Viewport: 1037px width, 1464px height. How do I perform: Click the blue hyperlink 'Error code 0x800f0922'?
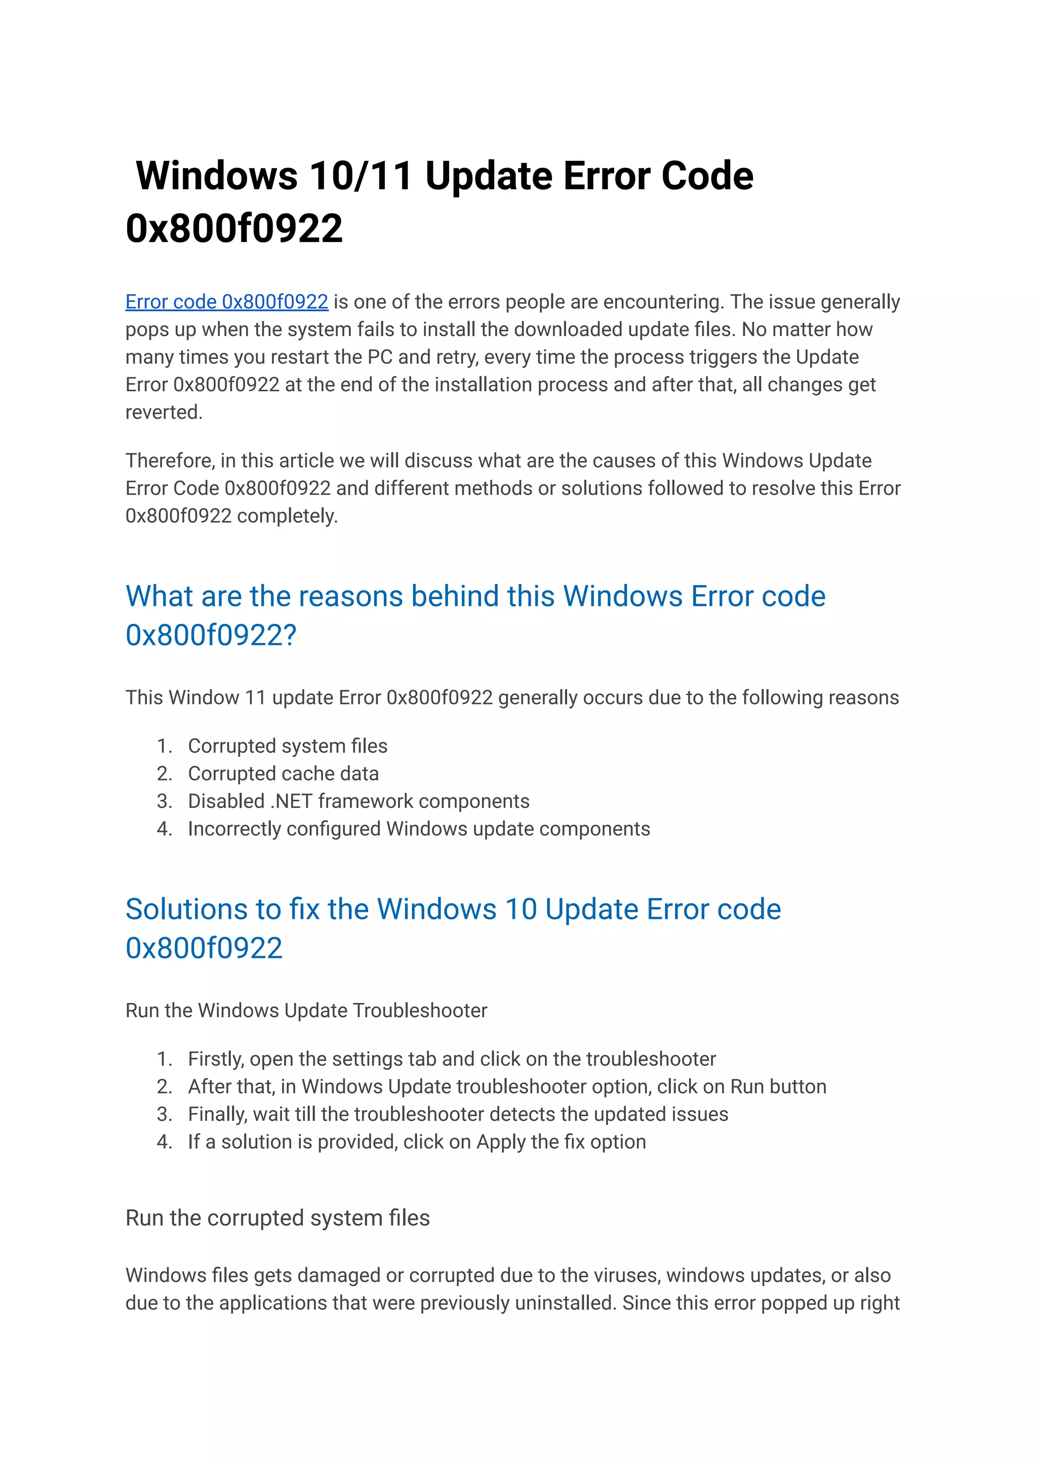point(227,302)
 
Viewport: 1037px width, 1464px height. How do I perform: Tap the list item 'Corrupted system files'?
point(287,746)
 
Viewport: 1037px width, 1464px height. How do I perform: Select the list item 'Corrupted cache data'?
point(283,773)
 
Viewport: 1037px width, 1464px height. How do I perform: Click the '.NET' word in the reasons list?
point(291,801)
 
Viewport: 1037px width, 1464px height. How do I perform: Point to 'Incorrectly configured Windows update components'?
point(418,828)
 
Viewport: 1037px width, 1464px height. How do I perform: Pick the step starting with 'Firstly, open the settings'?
point(452,1059)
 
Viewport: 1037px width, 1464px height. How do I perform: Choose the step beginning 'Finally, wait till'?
point(458,1114)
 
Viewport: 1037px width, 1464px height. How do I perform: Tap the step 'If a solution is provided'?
point(416,1142)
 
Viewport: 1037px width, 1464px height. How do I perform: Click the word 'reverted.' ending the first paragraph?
point(164,412)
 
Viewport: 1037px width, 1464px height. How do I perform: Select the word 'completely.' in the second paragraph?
point(287,516)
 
